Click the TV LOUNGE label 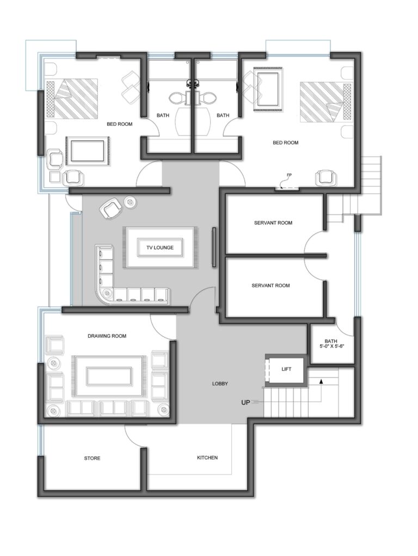(x=160, y=248)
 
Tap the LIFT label (x=286, y=369)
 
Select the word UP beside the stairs (x=245, y=402)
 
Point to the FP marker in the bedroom (x=289, y=175)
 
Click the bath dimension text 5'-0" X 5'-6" (x=332, y=347)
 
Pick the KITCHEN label (x=207, y=458)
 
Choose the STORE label (x=92, y=459)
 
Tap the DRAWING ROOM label (x=107, y=336)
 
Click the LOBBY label (x=220, y=384)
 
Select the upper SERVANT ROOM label (x=273, y=223)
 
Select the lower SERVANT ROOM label (x=271, y=285)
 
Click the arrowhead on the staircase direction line (x=321, y=381)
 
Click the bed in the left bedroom (x=72, y=99)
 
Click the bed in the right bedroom (x=326, y=102)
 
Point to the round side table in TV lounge (x=130, y=202)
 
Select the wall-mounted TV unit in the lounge (x=214, y=247)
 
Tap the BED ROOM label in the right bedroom (x=285, y=143)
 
